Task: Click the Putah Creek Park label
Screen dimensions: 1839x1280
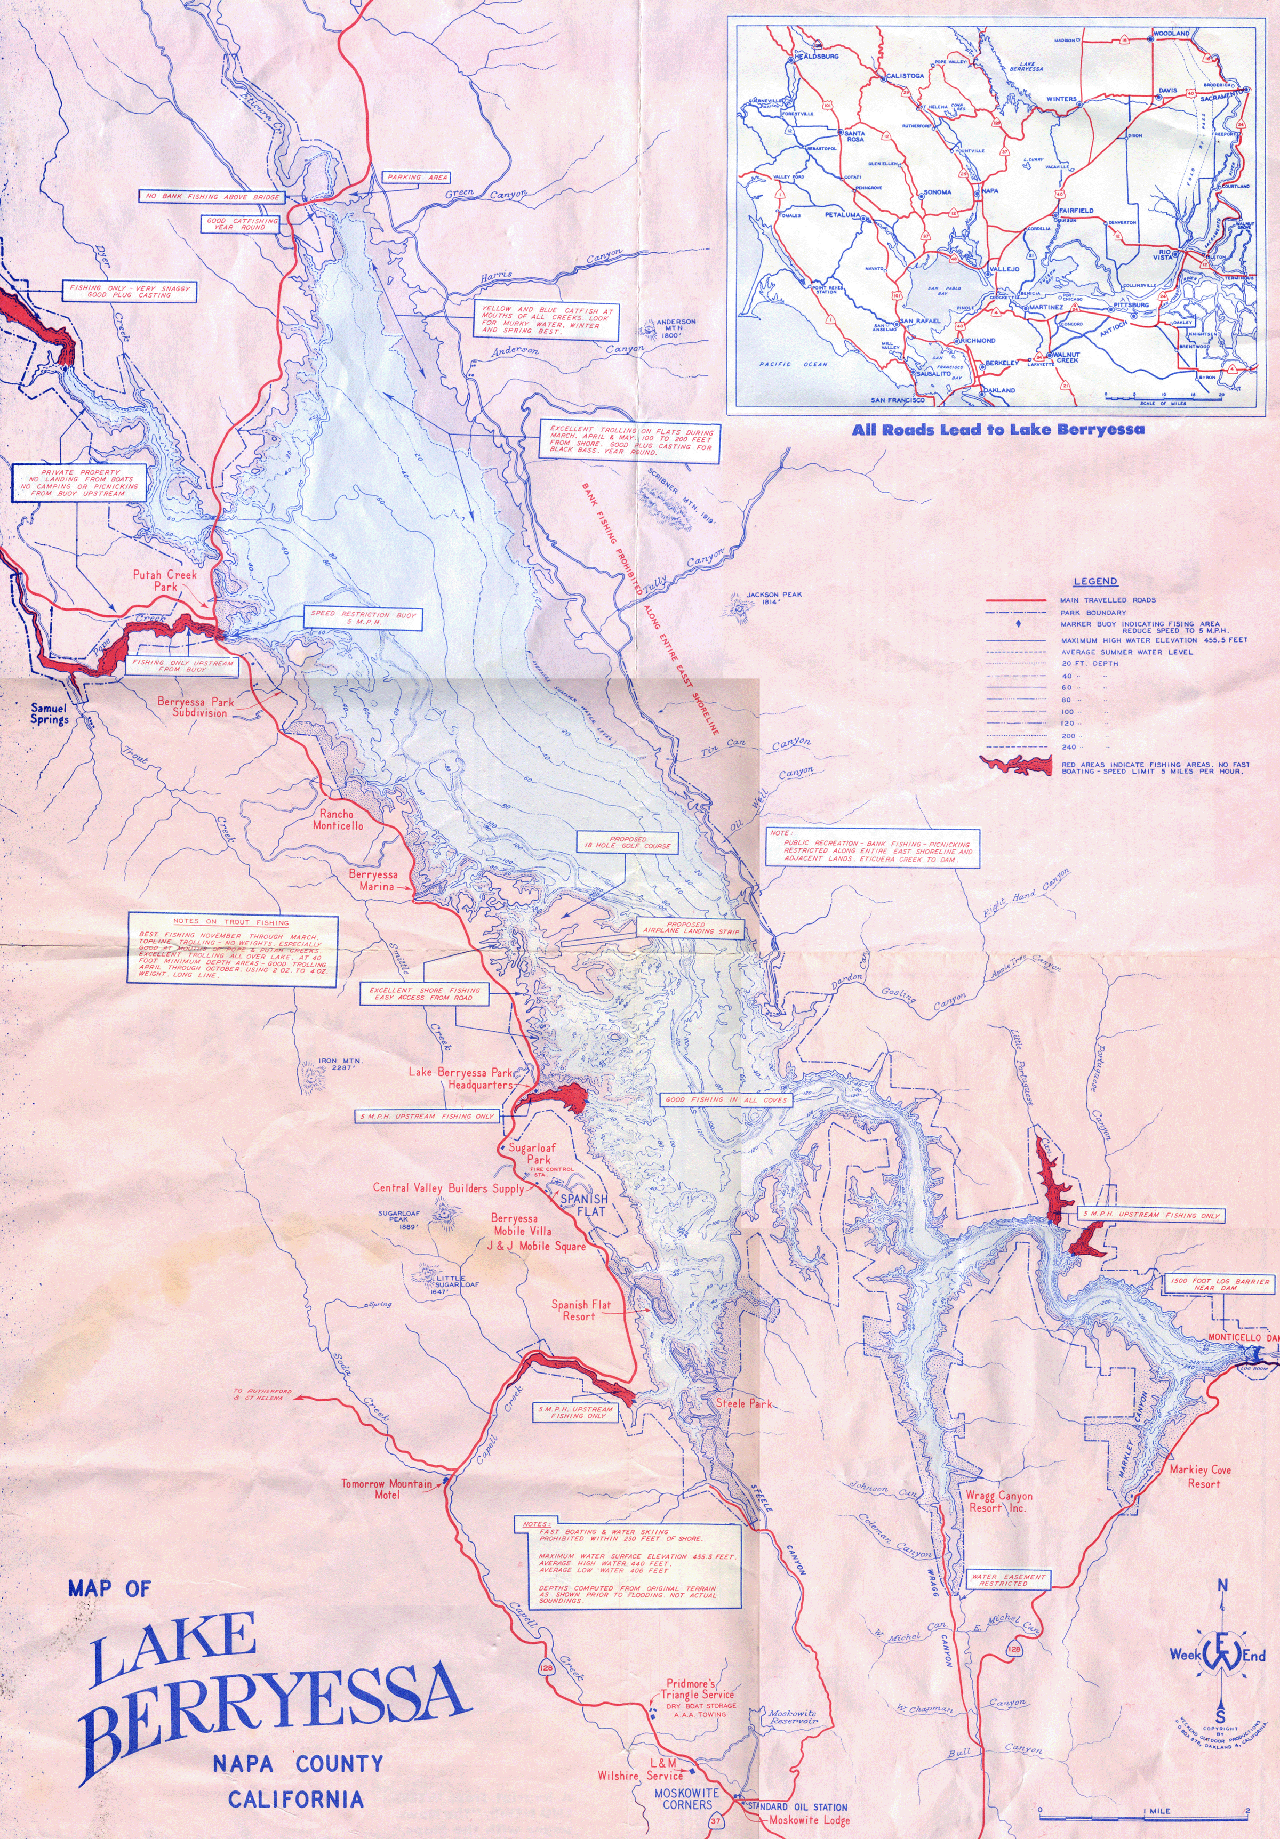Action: click(164, 580)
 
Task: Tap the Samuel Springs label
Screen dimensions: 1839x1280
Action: click(50, 713)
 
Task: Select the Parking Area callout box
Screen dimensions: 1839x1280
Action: click(415, 177)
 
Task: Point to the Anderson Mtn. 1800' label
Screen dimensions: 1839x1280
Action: click(675, 329)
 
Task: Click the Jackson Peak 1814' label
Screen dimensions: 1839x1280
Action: click(773, 598)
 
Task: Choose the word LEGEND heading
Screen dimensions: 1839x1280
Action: click(1095, 582)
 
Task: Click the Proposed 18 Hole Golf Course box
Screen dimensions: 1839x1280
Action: click(628, 842)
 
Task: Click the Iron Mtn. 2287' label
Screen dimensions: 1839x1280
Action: click(340, 1064)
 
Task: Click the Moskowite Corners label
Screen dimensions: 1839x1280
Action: click(686, 1798)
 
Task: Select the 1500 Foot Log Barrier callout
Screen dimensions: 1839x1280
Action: click(1219, 1284)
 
